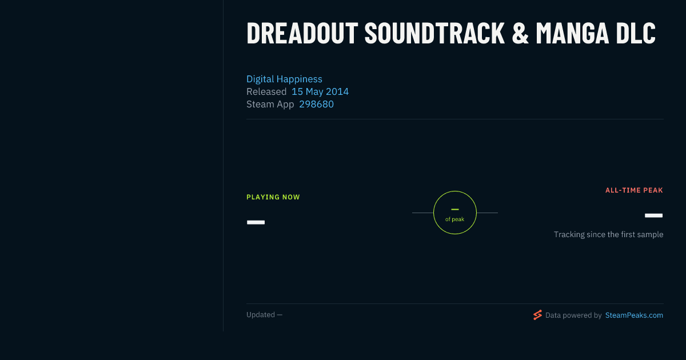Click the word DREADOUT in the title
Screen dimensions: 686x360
[302, 33]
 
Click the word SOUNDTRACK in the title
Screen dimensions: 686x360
[434, 33]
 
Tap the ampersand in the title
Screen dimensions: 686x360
[520, 33]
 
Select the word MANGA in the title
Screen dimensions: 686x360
[572, 33]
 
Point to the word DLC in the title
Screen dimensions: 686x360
[636, 33]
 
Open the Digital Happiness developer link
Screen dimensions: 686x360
[284, 79]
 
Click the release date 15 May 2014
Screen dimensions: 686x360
[320, 91]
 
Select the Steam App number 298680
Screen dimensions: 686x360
[316, 104]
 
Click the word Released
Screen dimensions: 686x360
[266, 91]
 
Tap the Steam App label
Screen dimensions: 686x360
[270, 105]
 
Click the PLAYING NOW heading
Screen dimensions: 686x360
[273, 197]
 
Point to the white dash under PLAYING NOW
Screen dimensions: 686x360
[256, 222]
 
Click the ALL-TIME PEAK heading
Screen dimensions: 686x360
[634, 190]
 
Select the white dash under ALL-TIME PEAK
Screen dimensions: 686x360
[653, 215]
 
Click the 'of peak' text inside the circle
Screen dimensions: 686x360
[455, 219]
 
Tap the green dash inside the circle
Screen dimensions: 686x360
[455, 209]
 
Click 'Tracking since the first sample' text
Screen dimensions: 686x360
[608, 234]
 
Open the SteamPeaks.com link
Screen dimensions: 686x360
[634, 315]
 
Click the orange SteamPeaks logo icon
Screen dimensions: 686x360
[537, 315]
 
